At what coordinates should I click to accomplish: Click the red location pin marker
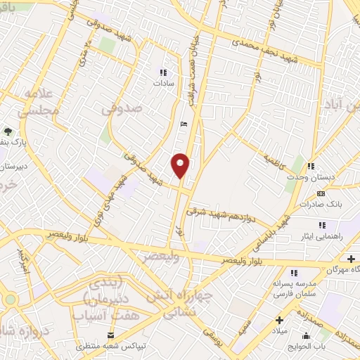(181, 165)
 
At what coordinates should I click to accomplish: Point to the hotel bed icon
(184, 124)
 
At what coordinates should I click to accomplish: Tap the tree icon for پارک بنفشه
(8, 131)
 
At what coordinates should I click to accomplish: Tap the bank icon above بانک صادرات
(321, 193)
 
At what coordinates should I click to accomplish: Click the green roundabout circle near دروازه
(9, 300)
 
